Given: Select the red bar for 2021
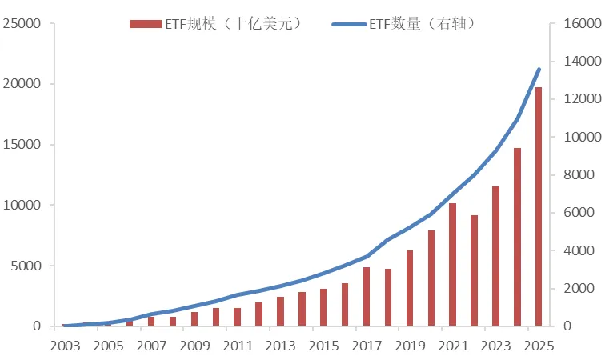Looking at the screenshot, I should click(452, 265).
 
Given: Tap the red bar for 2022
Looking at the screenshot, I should click(474, 270).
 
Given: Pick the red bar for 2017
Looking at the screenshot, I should click(366, 297).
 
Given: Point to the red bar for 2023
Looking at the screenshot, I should click(495, 256).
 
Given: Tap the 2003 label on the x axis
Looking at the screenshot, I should click(65, 346).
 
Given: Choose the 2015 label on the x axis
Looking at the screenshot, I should click(323, 346).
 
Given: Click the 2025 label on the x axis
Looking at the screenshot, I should click(538, 346).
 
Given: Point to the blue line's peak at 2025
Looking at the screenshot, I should click(539, 70).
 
